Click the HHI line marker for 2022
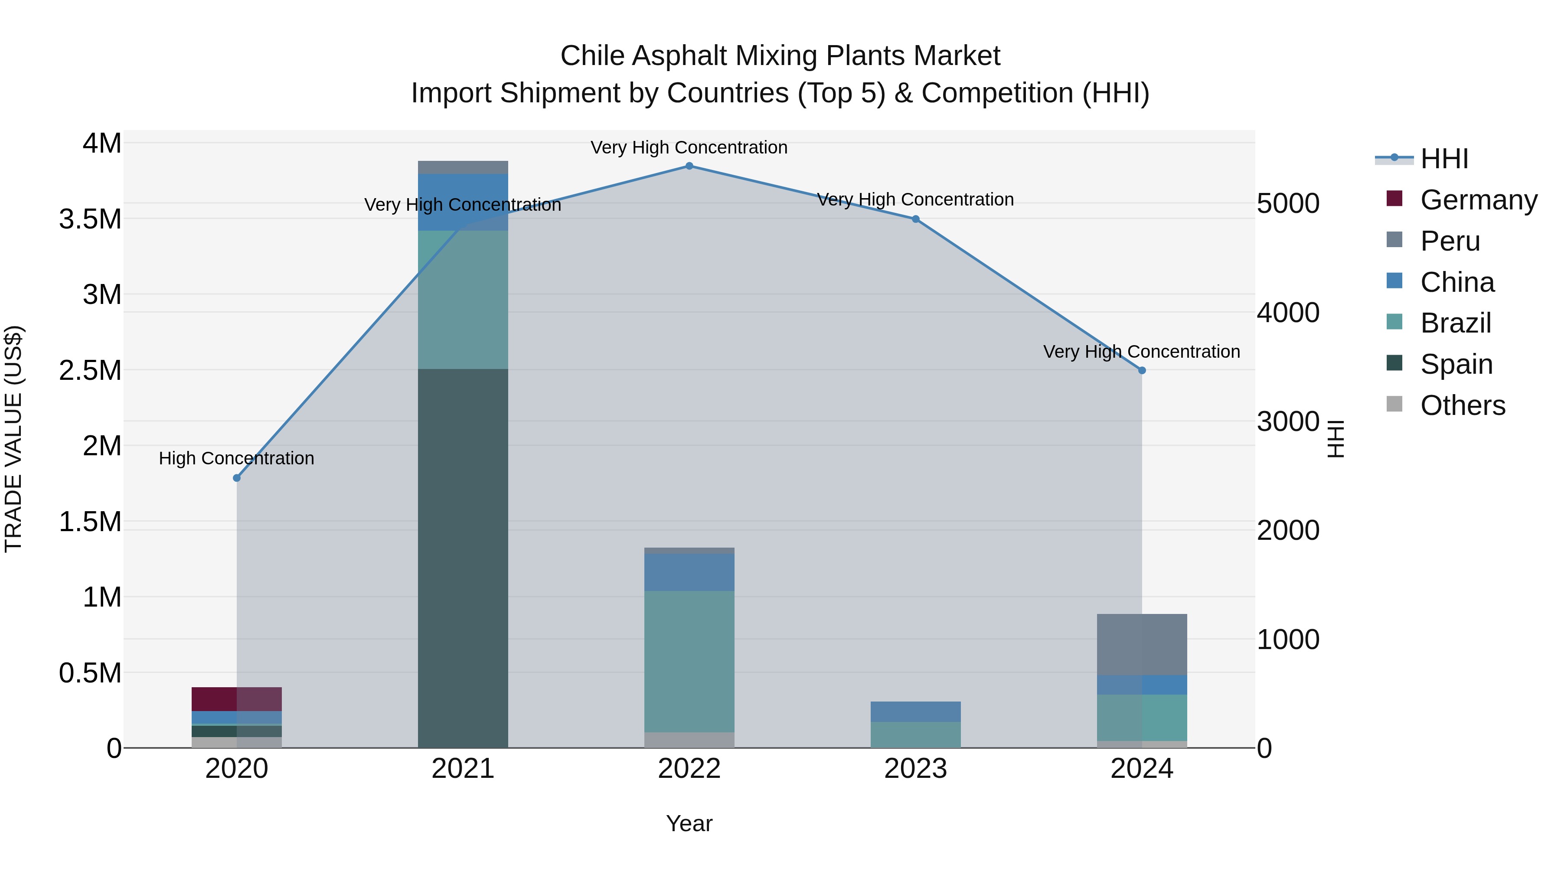(689, 166)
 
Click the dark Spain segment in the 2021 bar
(463, 558)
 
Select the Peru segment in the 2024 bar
(1142, 644)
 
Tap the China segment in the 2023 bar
(915, 712)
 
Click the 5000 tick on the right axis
(1288, 204)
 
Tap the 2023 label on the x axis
(915, 769)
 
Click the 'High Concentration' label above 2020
(236, 458)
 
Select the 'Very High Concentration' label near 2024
(1141, 352)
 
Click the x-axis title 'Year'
(689, 823)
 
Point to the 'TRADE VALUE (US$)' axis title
(13, 439)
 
